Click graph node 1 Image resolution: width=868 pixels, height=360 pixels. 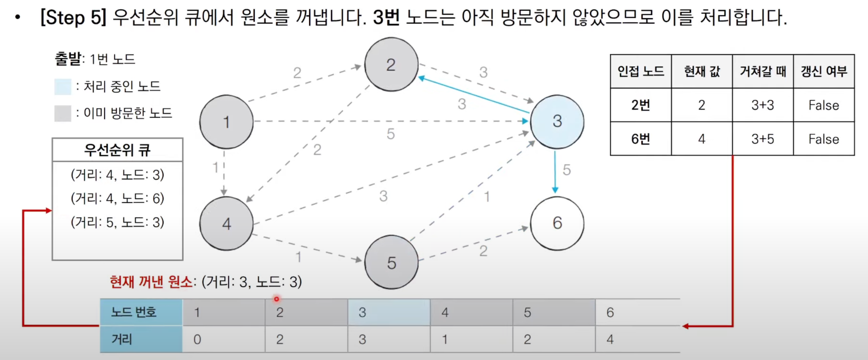(227, 122)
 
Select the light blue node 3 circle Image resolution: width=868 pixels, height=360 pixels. (557, 122)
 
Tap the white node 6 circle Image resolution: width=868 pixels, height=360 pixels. (557, 223)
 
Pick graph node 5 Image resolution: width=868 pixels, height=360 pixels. (391, 263)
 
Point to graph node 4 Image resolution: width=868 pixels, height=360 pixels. (227, 224)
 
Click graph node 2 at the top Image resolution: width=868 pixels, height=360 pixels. (391, 65)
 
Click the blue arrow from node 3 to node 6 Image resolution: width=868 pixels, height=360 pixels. (555, 172)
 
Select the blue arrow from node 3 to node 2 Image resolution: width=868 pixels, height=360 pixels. (474, 96)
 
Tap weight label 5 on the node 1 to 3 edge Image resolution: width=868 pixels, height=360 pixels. (390, 134)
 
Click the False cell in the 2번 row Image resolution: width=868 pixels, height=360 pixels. (824, 105)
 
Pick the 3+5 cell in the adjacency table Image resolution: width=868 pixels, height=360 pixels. (763, 139)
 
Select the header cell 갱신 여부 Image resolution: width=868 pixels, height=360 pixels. (824, 71)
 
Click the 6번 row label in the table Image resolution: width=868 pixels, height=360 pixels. (641, 139)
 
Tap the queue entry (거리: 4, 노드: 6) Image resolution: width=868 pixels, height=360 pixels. (117, 198)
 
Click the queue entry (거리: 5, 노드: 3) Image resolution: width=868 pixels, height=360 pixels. (117, 222)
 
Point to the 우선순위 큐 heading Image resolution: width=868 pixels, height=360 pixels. (117, 150)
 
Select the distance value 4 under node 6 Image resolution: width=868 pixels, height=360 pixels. (610, 339)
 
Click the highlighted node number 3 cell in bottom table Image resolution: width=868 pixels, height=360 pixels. (389, 312)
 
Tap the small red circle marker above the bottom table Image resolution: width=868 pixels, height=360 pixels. (277, 299)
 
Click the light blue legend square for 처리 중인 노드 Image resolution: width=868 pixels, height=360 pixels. (63, 87)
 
